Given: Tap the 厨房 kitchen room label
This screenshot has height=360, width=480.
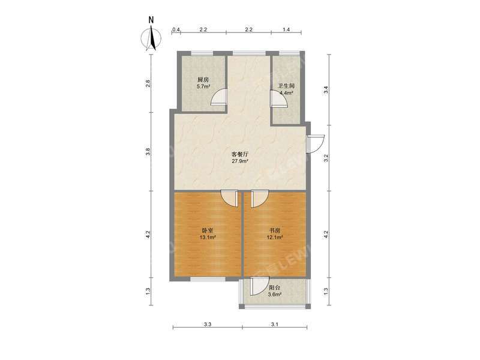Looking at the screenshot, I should click(203, 79).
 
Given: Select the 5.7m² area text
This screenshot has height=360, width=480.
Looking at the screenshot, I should click(203, 86).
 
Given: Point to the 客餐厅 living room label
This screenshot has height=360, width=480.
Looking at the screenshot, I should click(240, 154).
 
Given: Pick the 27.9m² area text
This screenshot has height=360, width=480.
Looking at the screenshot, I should click(240, 161).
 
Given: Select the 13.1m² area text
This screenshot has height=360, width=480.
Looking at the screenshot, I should click(208, 237).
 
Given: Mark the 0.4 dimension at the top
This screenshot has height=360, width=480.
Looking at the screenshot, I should click(176, 29).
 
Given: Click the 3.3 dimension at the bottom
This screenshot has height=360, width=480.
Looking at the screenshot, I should click(208, 324).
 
